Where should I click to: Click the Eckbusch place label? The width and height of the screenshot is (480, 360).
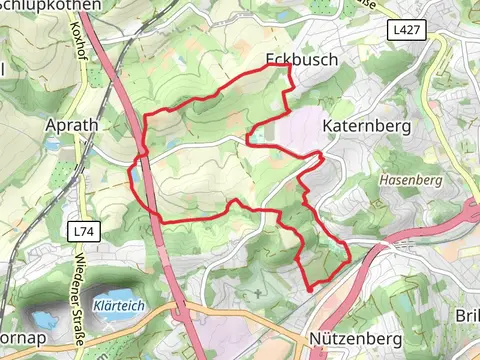pyautogui.click(x=303, y=59)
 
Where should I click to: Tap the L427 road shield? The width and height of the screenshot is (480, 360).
pyautogui.click(x=406, y=31)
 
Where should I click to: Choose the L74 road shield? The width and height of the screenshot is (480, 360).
pyautogui.click(x=84, y=231)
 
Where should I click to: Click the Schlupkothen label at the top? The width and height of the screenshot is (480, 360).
pyautogui.click(x=50, y=5)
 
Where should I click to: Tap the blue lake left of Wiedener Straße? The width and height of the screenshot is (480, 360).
pyautogui.click(x=41, y=322)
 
